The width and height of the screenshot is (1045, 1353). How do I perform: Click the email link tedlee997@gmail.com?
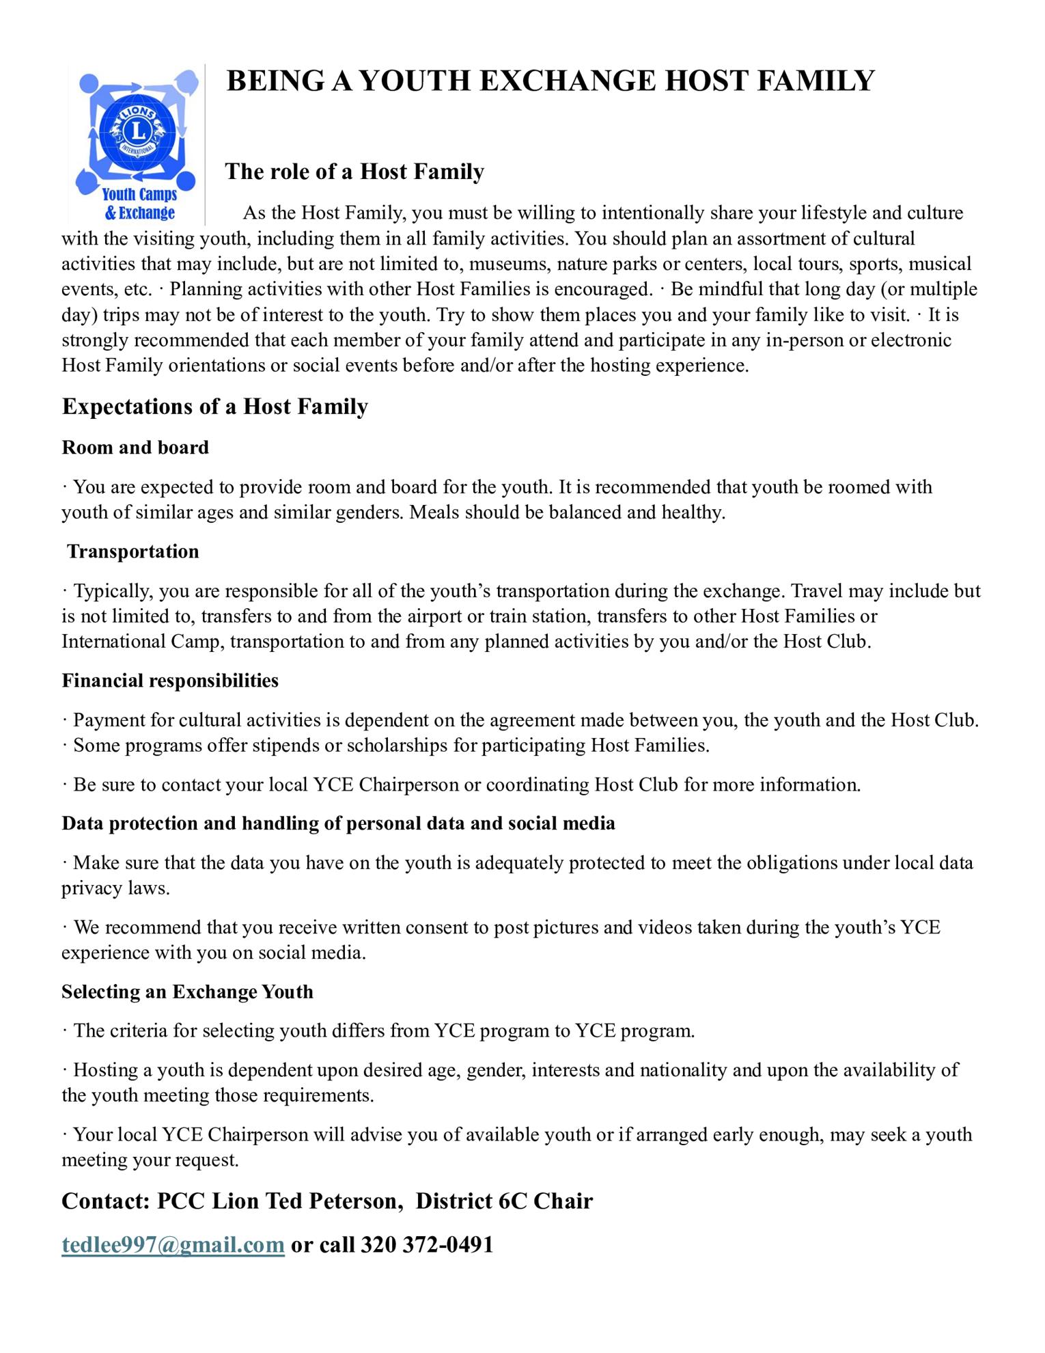tap(173, 1244)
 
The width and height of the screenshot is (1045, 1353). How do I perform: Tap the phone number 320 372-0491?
tap(427, 1244)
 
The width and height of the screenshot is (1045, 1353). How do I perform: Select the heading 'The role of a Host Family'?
tap(354, 171)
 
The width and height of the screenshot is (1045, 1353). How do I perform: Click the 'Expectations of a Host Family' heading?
tap(214, 407)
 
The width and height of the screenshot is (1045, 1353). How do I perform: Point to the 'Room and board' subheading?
tap(135, 448)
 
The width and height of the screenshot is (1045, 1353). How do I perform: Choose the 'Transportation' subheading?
tap(133, 551)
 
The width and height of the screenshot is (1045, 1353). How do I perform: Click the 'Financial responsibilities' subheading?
tap(170, 681)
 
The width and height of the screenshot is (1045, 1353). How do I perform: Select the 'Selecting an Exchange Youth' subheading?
tap(187, 992)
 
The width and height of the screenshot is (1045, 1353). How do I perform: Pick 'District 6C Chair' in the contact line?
tap(504, 1201)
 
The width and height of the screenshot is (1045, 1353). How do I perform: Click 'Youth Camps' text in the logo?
tap(139, 195)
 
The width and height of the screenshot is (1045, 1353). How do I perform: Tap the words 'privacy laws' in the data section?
tap(115, 889)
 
